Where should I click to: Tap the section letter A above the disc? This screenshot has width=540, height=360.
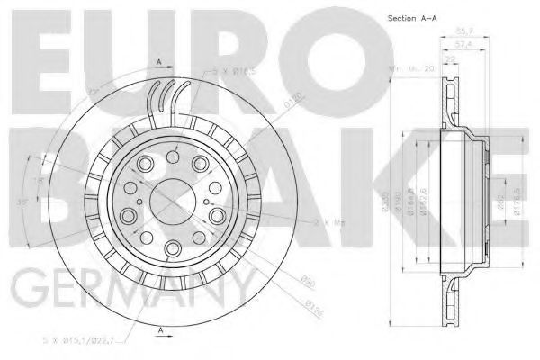pyautogui.click(x=158, y=60)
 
